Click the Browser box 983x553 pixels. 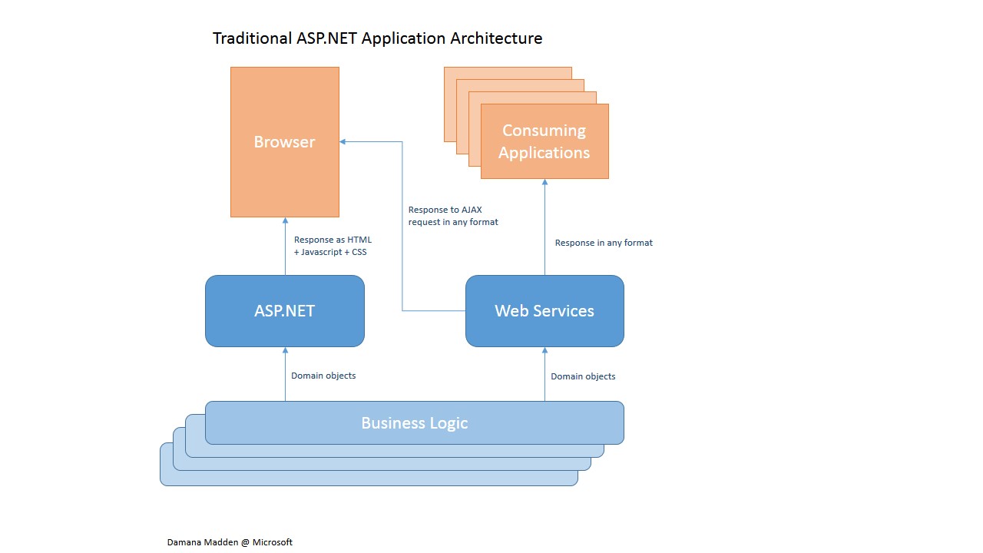285,142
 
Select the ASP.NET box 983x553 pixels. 285,311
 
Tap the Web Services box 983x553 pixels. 544,311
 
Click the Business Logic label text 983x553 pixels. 414,422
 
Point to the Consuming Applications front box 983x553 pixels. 544,141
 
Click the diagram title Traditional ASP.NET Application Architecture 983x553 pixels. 377,38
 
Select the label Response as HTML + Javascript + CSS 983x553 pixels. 333,246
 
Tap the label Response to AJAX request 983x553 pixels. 453,216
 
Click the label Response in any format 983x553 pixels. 604,243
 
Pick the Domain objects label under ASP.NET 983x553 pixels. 323,376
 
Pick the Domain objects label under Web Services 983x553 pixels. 583,376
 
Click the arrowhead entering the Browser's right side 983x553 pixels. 343,142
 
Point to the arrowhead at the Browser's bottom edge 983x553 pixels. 285,220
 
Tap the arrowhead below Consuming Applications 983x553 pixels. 544,182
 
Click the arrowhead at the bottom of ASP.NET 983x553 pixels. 285,350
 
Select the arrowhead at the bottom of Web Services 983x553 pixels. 544,350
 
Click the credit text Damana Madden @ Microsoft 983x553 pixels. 230,542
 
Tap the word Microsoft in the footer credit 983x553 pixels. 272,542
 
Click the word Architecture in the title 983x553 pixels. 496,38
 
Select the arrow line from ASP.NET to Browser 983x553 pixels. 285,247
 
